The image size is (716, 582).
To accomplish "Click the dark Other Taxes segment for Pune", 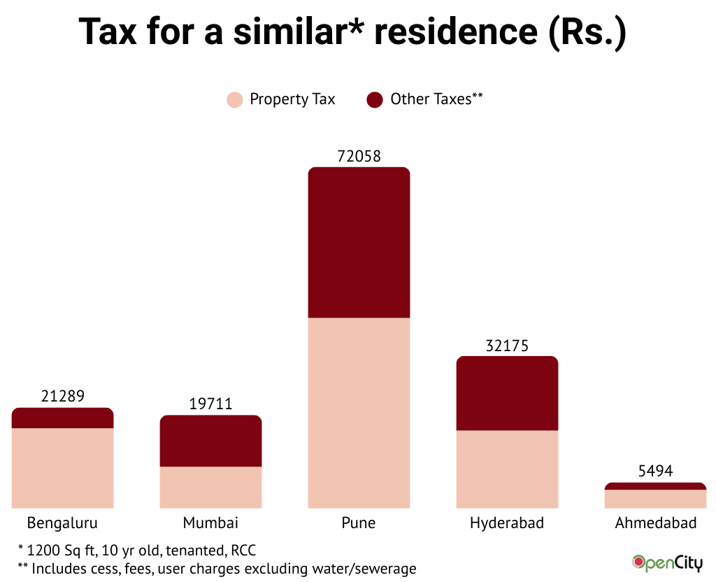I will (359, 243).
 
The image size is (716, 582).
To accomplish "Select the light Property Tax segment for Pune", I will (359, 413).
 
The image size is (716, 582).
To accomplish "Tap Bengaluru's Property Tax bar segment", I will (63, 467).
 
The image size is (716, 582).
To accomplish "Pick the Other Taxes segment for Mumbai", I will (210, 441).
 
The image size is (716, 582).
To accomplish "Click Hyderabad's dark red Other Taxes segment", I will (507, 393).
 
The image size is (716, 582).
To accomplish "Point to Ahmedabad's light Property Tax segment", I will (655, 499).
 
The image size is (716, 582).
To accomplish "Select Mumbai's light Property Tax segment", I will (210, 487).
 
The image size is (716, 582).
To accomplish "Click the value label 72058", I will (359, 156).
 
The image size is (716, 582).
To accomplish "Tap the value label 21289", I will (63, 397).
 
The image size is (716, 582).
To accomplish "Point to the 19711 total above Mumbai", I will (210, 404).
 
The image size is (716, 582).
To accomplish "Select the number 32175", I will (507, 346).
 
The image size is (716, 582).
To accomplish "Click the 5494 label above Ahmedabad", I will (655, 471).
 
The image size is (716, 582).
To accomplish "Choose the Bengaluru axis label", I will (62, 523).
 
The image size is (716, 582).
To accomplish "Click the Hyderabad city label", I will (507, 523).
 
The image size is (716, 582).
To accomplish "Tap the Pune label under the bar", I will (359, 523).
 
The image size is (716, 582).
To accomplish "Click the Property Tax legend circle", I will (235, 100).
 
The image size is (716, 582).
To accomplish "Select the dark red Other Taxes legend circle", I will (375, 100).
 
